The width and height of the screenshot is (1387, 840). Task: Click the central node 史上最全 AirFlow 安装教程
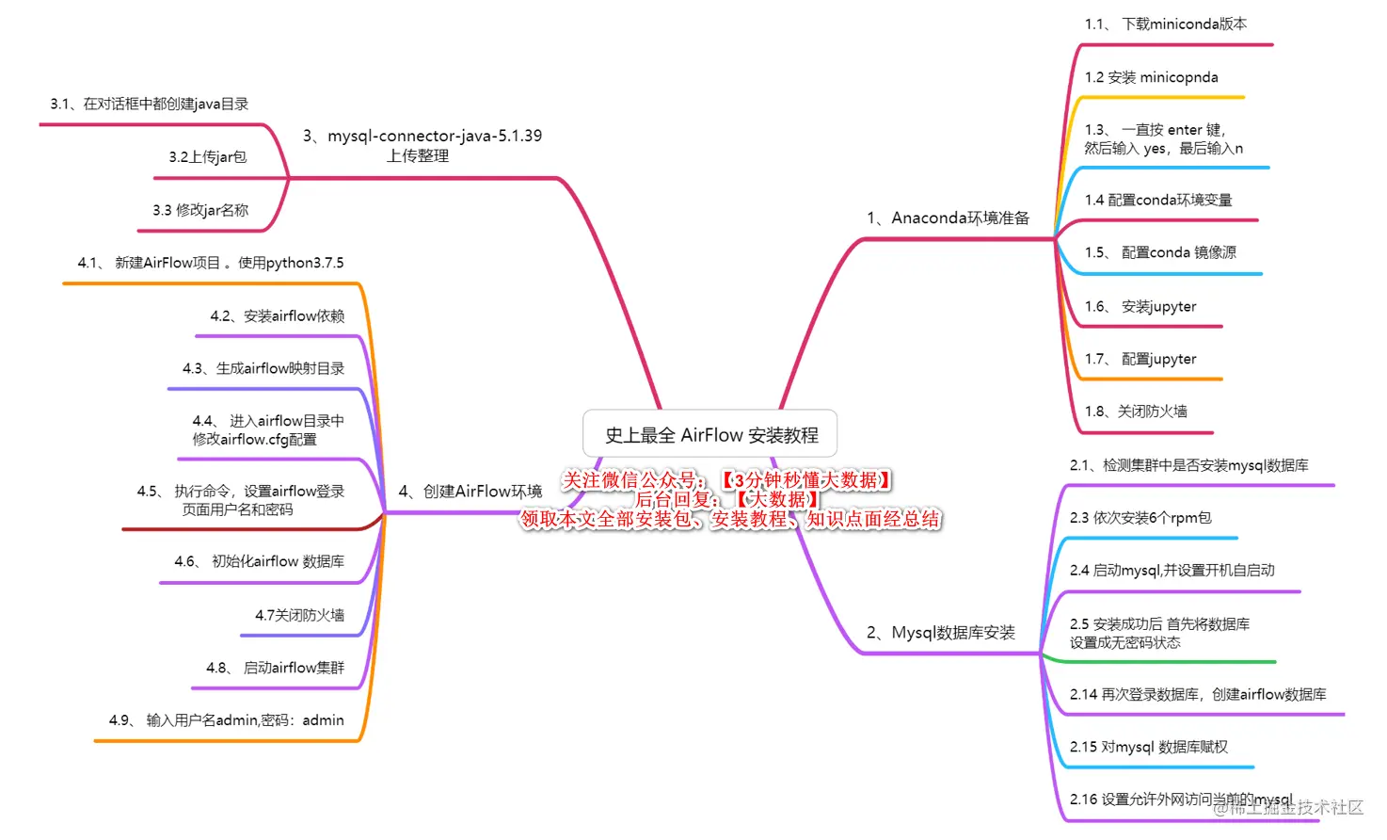click(x=710, y=434)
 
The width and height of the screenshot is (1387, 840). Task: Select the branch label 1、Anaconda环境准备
click(x=948, y=218)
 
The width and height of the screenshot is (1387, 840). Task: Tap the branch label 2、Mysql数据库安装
click(x=940, y=633)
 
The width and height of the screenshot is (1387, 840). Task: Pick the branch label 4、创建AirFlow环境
click(x=470, y=492)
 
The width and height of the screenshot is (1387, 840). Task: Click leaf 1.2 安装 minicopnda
click(x=1151, y=77)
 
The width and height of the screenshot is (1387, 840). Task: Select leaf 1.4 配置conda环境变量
click(x=1157, y=200)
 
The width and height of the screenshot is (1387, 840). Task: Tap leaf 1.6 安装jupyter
click(x=1140, y=306)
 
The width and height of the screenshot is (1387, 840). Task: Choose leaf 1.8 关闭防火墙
click(x=1135, y=412)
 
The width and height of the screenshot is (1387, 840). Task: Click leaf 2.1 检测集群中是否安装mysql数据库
click(x=1188, y=465)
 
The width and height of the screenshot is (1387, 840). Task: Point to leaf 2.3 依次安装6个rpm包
click(x=1140, y=518)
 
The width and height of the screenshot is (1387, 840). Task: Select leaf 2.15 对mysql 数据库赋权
click(x=1148, y=747)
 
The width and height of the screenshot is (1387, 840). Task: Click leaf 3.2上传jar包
click(x=207, y=157)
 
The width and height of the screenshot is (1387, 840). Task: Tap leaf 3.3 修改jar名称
click(x=200, y=210)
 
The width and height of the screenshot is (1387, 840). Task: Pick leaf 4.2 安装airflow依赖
click(x=277, y=316)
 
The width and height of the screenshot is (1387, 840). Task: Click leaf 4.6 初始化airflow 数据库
click(x=259, y=561)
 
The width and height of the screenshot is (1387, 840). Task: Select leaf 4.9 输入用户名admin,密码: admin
click(x=226, y=720)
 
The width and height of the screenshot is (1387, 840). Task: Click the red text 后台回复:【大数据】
click(x=726, y=500)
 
